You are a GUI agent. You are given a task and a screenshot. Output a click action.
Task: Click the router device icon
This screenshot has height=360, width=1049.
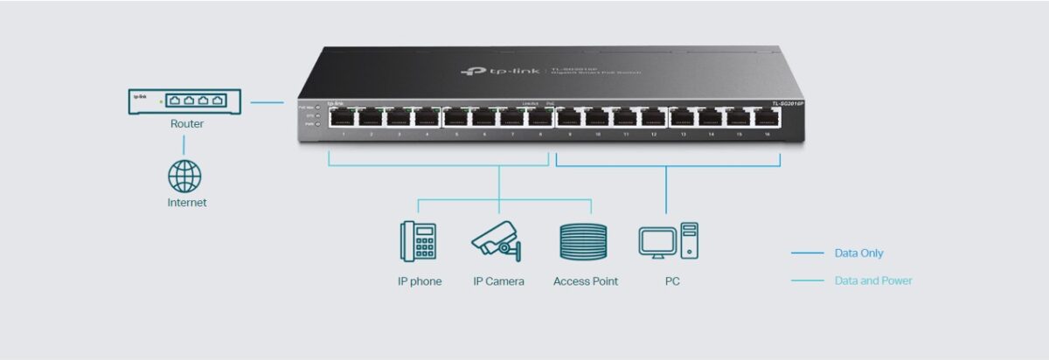(184, 101)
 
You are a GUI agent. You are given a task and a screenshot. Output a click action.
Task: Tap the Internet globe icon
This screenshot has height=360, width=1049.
(184, 176)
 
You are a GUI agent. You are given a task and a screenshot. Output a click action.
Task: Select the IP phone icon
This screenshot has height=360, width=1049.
(419, 240)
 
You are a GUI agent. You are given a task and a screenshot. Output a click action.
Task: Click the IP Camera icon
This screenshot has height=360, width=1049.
(497, 240)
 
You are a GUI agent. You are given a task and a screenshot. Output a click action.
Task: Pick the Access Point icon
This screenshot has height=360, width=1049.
(583, 240)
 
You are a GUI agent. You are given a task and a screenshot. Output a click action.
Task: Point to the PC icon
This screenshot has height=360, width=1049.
(669, 240)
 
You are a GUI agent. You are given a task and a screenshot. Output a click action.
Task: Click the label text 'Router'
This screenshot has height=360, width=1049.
(187, 124)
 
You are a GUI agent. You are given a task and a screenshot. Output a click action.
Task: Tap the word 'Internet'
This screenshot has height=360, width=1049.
(187, 203)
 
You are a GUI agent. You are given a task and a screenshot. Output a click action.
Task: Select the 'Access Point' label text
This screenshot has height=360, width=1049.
(586, 281)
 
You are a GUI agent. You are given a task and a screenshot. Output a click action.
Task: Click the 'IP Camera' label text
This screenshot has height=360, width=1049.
(498, 281)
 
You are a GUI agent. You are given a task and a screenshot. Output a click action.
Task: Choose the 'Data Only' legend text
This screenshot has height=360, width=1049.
(858, 253)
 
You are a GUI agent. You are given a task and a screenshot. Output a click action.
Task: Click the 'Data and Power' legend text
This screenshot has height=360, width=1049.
(873, 280)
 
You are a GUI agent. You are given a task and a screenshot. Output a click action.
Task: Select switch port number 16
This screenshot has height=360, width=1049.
(764, 118)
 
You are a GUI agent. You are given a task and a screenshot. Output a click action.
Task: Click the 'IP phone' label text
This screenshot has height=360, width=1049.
(419, 281)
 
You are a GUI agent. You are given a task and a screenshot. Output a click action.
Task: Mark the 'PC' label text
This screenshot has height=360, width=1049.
(671, 281)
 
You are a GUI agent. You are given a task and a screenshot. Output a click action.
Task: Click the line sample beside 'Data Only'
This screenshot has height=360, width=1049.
(807, 253)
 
